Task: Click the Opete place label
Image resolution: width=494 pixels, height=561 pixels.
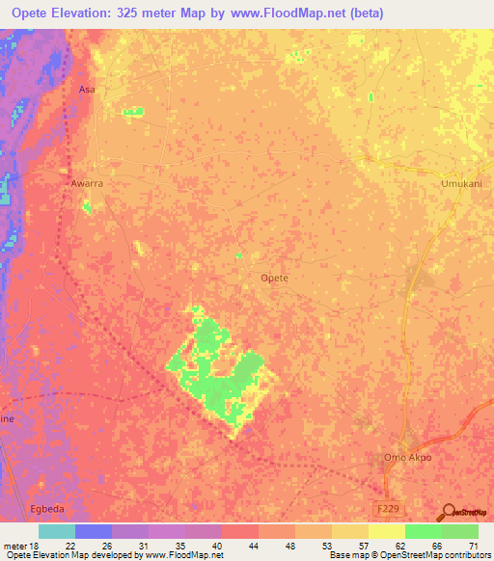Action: (x=275, y=278)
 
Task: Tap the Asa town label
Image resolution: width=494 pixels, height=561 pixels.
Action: (x=86, y=89)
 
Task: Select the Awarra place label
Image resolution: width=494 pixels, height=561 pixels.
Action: (x=87, y=181)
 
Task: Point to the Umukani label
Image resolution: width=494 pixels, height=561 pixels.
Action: (x=460, y=183)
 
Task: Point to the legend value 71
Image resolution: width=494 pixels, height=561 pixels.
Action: (x=474, y=545)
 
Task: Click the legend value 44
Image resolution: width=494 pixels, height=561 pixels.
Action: (x=254, y=545)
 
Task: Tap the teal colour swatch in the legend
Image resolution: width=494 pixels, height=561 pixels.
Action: (x=57, y=531)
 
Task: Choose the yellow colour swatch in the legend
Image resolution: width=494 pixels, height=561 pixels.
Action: (x=386, y=531)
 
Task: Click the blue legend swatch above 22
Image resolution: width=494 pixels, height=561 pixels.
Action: (x=94, y=531)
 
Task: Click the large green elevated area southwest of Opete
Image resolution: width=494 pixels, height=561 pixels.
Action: (x=217, y=371)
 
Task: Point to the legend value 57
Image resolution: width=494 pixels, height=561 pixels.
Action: (x=363, y=545)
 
